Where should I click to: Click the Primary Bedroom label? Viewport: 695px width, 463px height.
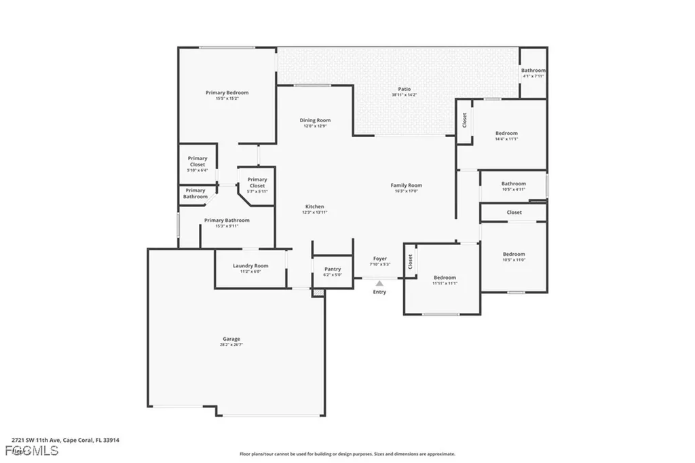[227, 92]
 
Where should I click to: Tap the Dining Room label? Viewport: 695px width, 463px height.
[315, 120]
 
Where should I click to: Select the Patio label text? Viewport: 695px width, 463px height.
[404, 89]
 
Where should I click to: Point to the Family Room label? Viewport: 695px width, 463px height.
[406, 185]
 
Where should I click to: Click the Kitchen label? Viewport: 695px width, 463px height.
[314, 206]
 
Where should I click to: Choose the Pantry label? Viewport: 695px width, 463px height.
[332, 269]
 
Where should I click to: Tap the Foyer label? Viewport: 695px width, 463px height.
[379, 259]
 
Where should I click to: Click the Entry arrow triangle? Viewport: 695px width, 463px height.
[379, 283]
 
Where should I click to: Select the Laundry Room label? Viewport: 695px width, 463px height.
[250, 265]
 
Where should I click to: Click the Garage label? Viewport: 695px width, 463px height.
[231, 339]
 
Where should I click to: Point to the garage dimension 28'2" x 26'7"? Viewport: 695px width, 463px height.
[231, 345]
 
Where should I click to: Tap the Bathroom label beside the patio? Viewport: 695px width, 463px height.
[533, 71]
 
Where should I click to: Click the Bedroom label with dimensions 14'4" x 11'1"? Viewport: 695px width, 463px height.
[506, 133]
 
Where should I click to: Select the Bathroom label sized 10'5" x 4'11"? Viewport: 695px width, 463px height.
[513, 183]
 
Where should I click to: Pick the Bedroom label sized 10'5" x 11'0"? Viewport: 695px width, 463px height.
[514, 254]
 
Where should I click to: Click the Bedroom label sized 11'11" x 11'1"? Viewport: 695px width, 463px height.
[445, 277]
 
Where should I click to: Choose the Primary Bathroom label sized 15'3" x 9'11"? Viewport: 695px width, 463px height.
[227, 220]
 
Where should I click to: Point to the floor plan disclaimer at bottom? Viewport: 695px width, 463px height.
[347, 454]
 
